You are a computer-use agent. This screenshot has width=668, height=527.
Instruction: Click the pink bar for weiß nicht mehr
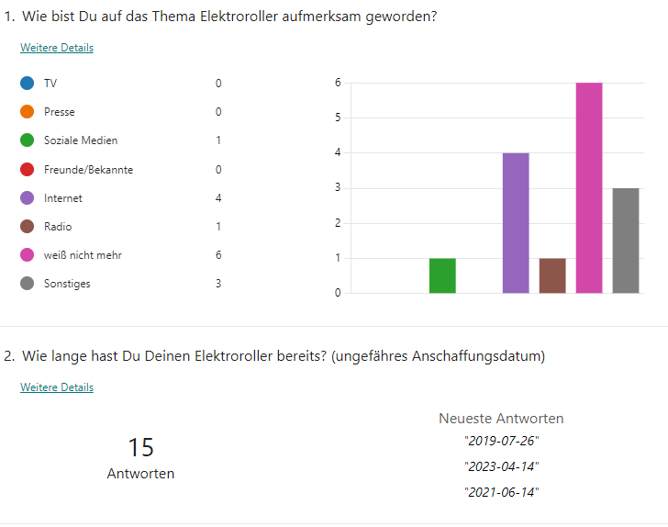point(589,188)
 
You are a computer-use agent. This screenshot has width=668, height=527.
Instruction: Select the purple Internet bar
point(516,223)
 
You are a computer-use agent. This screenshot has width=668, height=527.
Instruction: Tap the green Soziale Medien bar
point(442,275)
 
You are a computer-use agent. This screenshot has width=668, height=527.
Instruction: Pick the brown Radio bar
point(552,275)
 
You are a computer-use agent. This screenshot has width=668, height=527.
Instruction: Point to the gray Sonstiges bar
point(626,241)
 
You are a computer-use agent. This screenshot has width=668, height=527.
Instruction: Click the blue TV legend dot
point(28,84)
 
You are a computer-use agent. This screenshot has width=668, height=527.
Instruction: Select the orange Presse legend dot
point(28,112)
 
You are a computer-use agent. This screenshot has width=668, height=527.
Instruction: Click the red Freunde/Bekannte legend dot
point(28,170)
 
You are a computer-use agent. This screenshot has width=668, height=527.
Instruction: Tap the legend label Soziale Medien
point(81,140)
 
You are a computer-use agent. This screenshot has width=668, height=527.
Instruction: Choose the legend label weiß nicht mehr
point(83,255)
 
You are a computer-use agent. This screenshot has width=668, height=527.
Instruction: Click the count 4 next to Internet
point(218,198)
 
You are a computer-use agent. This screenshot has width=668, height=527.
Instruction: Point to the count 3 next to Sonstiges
point(218,284)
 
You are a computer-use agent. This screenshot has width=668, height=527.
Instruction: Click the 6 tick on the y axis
point(338,83)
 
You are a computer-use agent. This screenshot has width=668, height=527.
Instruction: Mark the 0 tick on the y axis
point(338,293)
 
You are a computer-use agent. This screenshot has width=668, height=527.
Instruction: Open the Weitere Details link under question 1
point(57,48)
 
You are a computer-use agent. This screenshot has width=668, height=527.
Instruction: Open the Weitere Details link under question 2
point(57,387)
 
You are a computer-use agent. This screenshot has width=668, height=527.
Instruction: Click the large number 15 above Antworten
point(140,447)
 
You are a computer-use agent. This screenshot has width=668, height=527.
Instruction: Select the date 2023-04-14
point(501,465)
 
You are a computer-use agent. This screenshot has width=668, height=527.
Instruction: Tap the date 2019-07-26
point(501,440)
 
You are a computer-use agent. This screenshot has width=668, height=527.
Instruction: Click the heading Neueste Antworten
point(501,419)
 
